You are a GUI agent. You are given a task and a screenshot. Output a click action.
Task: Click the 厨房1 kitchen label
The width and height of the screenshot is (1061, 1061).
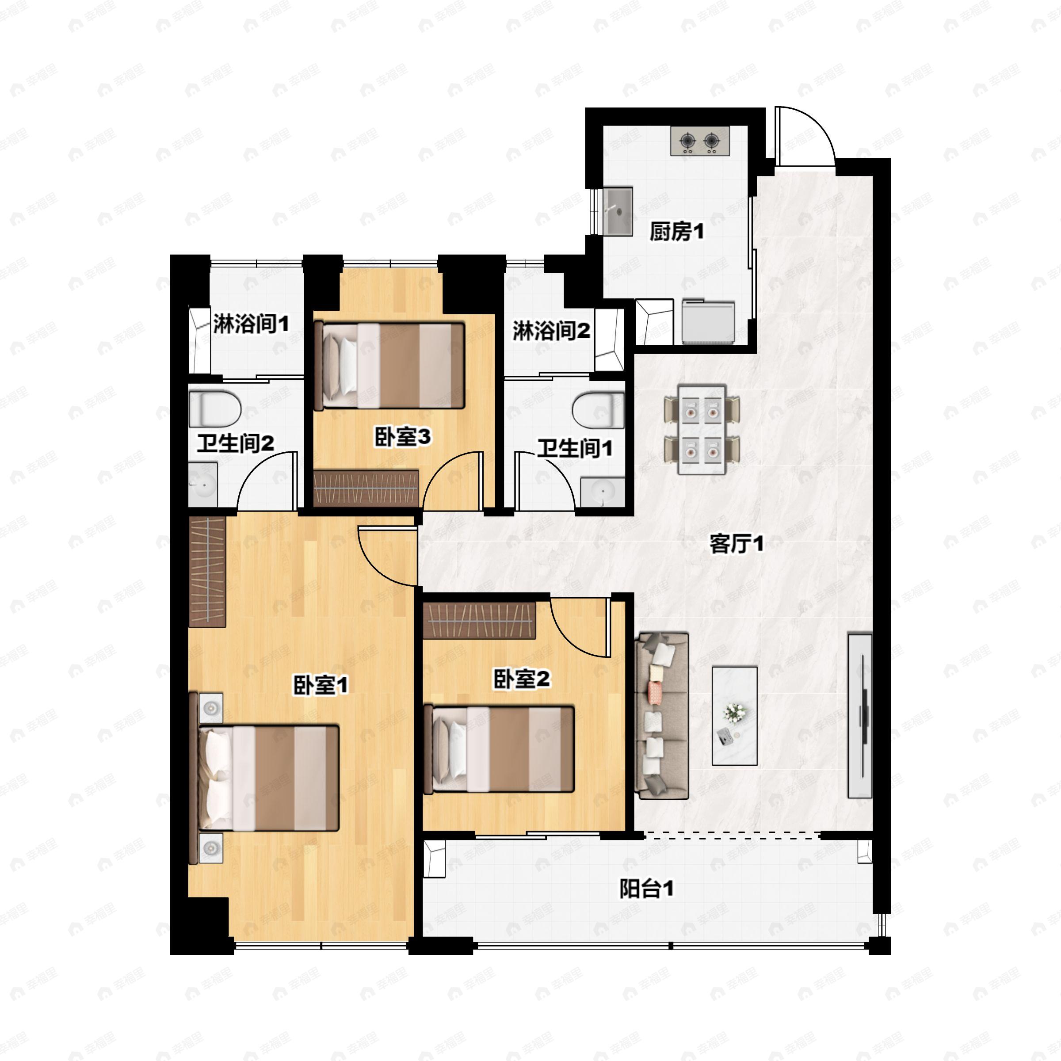tap(676, 232)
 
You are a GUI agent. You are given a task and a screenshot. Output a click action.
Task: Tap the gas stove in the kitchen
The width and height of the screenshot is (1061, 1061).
tap(700, 141)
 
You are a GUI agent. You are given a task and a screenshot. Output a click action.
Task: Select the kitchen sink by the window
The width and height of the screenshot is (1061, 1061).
tap(618, 211)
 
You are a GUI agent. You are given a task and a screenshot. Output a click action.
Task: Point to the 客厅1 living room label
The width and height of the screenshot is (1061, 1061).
tap(737, 544)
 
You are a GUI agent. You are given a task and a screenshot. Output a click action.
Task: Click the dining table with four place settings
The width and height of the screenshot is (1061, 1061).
tap(702, 429)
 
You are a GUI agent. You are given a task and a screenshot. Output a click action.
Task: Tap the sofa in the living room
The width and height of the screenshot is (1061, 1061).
tap(661, 716)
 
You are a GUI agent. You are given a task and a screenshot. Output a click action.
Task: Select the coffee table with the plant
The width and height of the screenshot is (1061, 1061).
tap(734, 716)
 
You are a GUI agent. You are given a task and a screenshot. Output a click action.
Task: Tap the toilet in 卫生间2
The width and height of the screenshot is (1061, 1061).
tap(215, 408)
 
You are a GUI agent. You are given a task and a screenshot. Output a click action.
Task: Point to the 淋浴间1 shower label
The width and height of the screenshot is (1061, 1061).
tap(251, 324)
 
